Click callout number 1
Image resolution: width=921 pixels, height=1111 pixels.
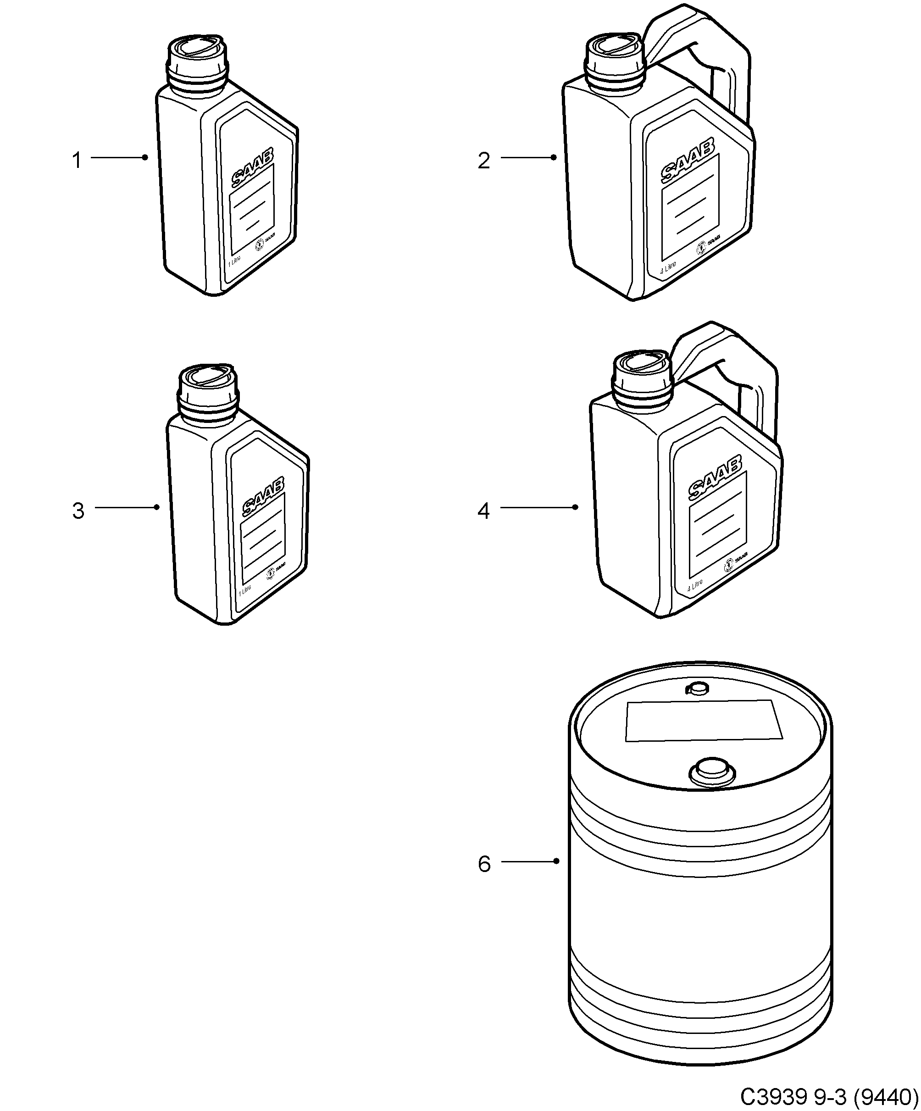77,160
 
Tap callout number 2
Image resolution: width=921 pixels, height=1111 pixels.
483,160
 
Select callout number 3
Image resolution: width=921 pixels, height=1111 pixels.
78,511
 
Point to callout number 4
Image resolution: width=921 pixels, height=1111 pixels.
483,511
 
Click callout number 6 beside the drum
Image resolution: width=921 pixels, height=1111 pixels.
484,864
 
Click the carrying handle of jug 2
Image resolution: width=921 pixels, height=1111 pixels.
732,69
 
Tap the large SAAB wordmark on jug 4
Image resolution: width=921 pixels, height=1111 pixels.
714,479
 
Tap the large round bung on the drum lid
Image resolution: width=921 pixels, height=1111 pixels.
711,772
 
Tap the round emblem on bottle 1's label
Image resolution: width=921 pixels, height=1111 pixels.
260,245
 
